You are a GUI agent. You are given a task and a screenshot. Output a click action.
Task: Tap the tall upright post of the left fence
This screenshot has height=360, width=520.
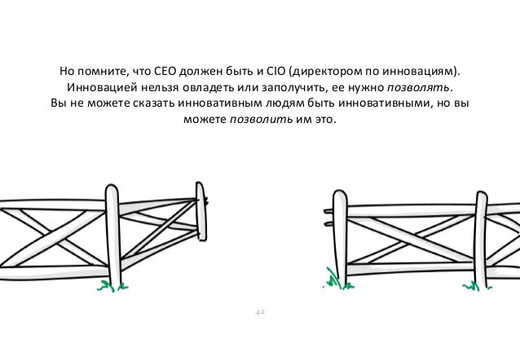(113, 236)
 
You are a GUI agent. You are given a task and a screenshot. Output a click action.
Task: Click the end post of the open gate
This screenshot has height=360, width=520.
(201, 216)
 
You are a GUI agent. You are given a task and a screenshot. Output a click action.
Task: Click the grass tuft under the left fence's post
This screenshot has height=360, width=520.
(106, 285)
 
